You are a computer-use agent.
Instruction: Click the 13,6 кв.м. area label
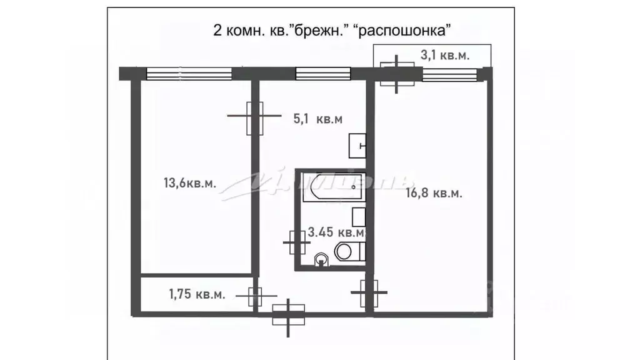pyautogui.click(x=190, y=183)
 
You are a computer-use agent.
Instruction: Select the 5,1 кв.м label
pyautogui.click(x=318, y=118)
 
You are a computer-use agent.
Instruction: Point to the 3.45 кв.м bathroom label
pyautogui.click(x=336, y=233)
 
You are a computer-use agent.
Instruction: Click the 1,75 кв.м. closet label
pyautogui.click(x=197, y=294)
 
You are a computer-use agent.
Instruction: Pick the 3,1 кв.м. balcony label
pyautogui.click(x=445, y=56)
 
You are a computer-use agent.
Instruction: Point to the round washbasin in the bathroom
pyautogui.click(x=321, y=257)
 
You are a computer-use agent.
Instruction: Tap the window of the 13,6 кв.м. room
pyautogui.click(x=189, y=74)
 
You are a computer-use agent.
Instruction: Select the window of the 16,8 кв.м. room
pyautogui.click(x=449, y=74)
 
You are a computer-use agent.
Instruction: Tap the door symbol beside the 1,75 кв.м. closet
pyautogui.click(x=254, y=296)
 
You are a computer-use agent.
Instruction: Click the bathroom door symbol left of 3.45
pyautogui.click(x=297, y=241)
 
